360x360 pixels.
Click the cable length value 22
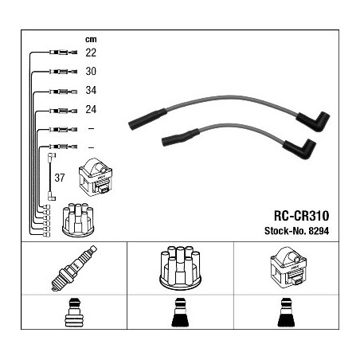pyautogui.click(x=91, y=53)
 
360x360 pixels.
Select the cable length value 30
pyautogui.click(x=91, y=71)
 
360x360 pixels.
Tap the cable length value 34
pyautogui.click(x=91, y=90)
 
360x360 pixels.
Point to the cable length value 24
pyautogui.click(x=91, y=109)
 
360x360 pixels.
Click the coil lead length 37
pyautogui.click(x=60, y=178)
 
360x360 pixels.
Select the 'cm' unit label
pyautogui.click(x=91, y=40)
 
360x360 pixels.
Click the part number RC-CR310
pyautogui.click(x=301, y=216)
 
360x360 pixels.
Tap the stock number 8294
pyautogui.click(x=319, y=231)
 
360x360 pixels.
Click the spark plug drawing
pyautogui.click(x=74, y=268)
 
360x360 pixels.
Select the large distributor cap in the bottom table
pyautogui.click(x=180, y=268)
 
